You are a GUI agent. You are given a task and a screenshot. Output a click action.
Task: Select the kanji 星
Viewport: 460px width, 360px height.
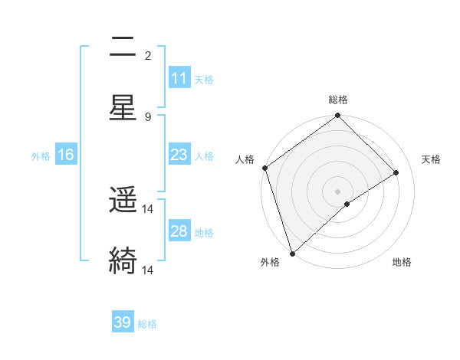(123, 107)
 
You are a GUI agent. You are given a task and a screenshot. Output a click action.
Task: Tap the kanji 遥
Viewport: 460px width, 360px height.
(123, 201)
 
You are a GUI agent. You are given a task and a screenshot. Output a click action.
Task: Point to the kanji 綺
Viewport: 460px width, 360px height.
(123, 260)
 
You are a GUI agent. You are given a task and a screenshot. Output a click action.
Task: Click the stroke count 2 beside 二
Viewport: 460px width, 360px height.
(148, 56)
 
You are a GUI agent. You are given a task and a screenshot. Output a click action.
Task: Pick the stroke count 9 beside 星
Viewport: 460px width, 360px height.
(148, 116)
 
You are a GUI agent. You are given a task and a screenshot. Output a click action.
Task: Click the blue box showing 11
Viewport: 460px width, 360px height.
(179, 78)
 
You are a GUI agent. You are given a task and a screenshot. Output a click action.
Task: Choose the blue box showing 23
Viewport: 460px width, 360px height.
(179, 155)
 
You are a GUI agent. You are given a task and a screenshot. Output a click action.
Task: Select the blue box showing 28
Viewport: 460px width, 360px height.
(179, 231)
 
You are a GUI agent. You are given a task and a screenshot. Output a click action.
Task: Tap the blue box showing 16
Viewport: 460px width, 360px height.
(66, 155)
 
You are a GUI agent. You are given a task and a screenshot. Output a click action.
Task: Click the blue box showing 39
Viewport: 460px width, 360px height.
(123, 322)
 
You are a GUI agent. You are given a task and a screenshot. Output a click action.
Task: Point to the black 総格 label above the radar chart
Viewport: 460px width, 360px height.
(338, 100)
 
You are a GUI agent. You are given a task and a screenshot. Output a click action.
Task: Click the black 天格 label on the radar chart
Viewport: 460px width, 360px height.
(432, 159)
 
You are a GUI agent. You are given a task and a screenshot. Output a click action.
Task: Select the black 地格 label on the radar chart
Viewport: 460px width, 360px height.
(402, 263)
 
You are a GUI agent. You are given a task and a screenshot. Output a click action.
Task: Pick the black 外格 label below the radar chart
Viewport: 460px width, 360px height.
(270, 263)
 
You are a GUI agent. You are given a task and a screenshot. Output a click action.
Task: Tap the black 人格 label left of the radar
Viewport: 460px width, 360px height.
(245, 159)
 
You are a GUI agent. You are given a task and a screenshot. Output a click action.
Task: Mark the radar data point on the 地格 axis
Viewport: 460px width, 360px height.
(347, 204)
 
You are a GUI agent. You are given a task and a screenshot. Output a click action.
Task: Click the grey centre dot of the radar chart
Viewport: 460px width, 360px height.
(338, 191)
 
